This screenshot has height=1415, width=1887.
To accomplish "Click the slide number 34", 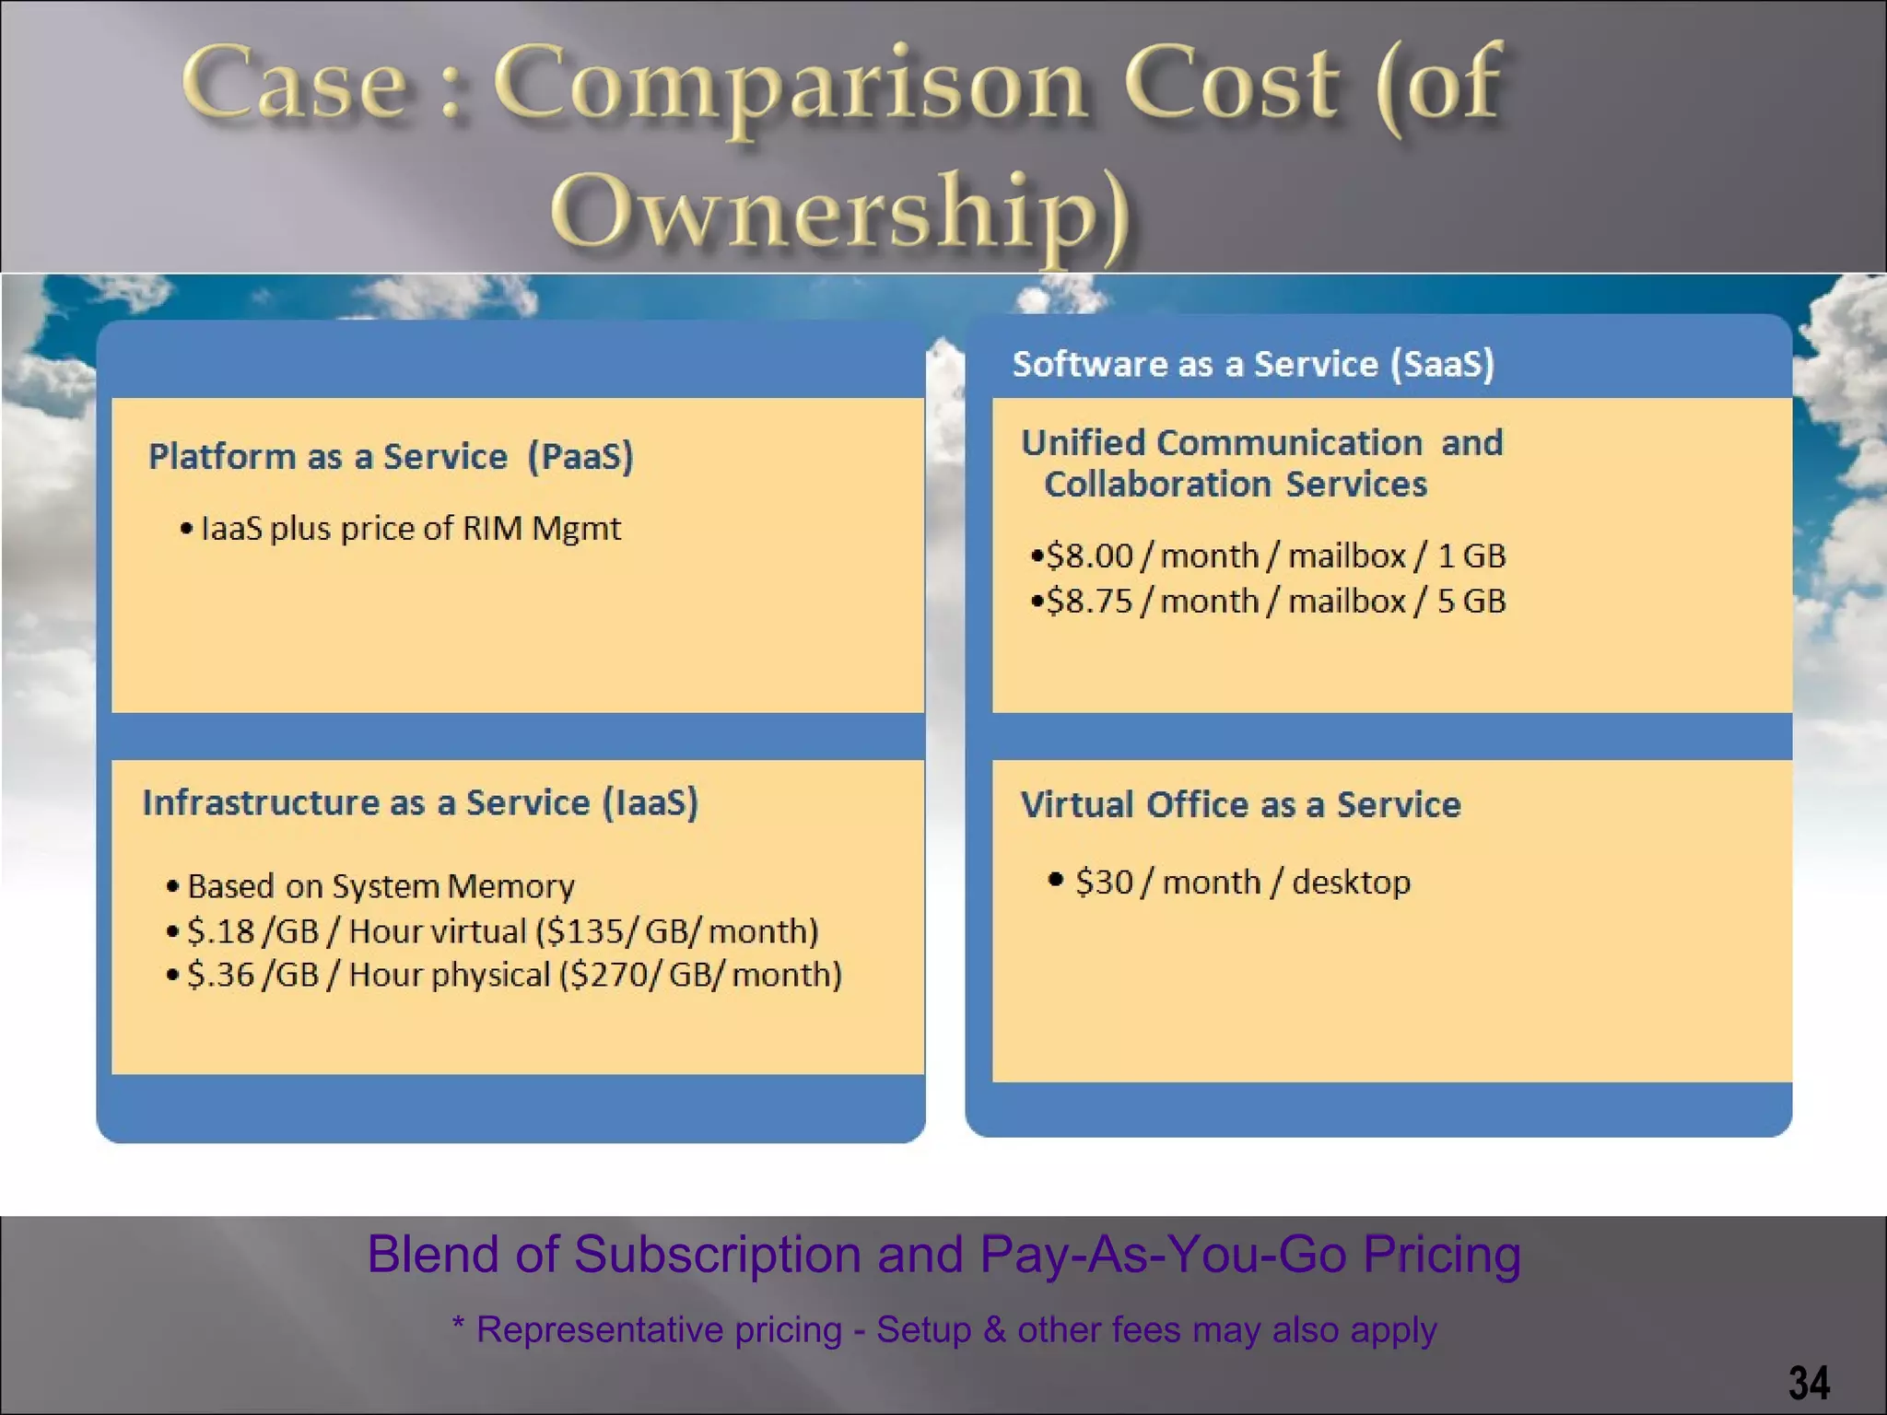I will click(x=1809, y=1382).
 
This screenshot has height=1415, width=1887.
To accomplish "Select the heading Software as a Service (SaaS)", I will click(x=1253, y=364).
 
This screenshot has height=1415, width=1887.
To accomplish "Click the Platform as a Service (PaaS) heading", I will click(x=392, y=456).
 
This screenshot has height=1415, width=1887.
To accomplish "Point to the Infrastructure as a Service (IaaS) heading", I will click(x=420, y=802).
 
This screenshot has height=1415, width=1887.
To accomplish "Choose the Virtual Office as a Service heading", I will click(x=1240, y=804).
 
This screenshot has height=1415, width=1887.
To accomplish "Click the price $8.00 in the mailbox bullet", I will click(x=1089, y=555).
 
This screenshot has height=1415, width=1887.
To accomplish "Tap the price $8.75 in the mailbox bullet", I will click(x=1089, y=601).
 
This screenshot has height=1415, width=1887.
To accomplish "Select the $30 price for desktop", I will click(x=1104, y=882).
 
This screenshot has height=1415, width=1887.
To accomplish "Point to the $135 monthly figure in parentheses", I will click(x=585, y=930).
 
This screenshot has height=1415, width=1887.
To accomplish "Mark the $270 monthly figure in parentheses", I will click(x=609, y=975).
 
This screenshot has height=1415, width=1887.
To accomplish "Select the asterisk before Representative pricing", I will click(x=459, y=1327).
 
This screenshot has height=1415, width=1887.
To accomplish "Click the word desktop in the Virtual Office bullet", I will click(x=1351, y=882).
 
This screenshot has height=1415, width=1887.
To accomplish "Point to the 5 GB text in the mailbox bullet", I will click(x=1471, y=601).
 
